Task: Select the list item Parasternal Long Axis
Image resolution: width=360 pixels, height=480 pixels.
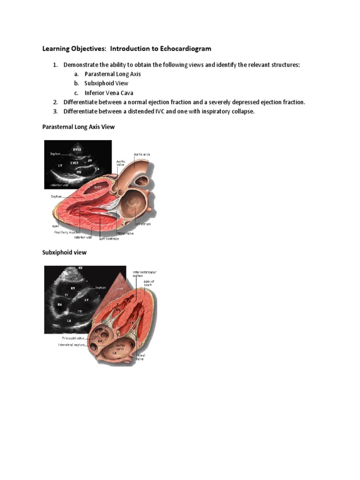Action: [x=112, y=74]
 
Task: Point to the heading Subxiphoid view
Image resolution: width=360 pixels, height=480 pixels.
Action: [x=64, y=252]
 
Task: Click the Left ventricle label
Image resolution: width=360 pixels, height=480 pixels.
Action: [x=109, y=239]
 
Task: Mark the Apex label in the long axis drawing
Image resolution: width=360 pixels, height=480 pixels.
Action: [x=55, y=226]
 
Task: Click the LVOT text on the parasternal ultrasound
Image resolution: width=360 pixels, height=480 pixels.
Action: [x=75, y=163]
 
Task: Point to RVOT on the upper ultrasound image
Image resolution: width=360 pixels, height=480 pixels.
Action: [x=77, y=150]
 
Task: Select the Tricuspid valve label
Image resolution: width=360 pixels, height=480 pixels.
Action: [x=71, y=337]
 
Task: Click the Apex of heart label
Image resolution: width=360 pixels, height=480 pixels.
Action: [x=149, y=284]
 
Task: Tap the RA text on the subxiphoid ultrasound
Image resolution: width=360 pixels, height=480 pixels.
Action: [x=60, y=305]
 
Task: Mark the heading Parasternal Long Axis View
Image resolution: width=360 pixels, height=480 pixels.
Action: [x=78, y=127]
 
